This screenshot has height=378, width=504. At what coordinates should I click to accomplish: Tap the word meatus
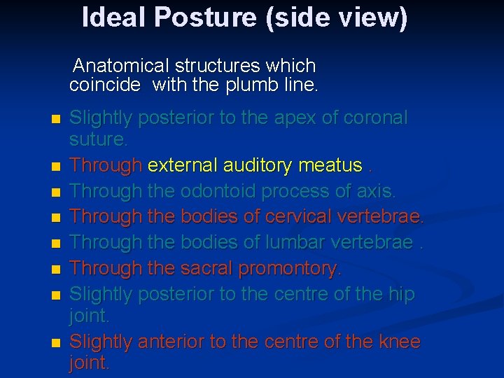(x=330, y=166)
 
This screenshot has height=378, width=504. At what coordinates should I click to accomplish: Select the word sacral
(x=206, y=268)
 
